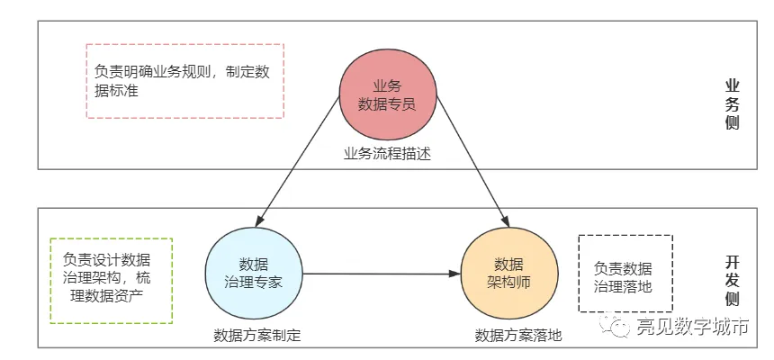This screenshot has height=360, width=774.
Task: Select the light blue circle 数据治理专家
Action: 253,273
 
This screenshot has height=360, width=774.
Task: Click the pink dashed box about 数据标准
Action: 184,81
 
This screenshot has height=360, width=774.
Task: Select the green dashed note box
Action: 112,280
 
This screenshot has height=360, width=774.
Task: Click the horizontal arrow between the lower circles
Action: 378,274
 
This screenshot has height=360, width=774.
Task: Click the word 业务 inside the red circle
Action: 387,85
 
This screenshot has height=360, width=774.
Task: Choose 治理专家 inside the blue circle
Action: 253,282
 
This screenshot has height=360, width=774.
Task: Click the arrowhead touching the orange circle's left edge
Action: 454,274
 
